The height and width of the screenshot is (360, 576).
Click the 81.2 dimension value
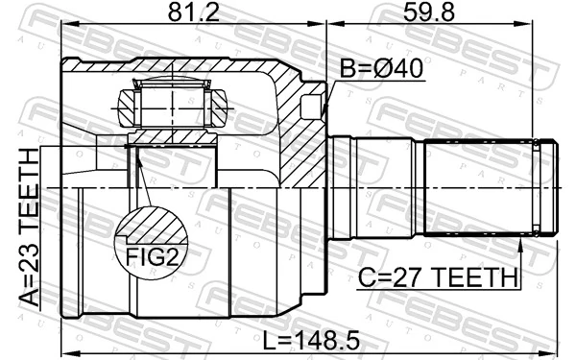pos(194,13)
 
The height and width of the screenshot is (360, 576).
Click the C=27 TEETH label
pos(436,278)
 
